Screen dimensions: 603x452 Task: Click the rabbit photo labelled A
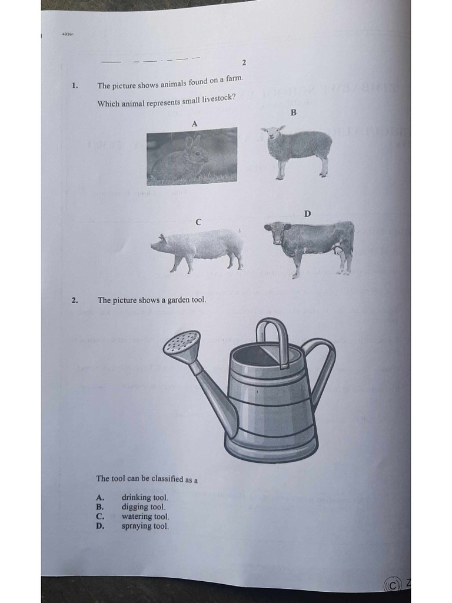coord(192,156)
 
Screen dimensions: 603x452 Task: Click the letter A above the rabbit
coord(194,123)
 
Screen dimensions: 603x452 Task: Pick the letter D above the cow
coord(307,214)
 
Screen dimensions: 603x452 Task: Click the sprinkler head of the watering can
coord(182,343)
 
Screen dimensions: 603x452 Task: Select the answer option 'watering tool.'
coord(145,516)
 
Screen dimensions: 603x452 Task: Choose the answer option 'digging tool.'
coord(144,507)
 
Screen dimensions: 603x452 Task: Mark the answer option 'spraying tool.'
coord(145,526)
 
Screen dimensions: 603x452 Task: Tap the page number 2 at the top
coord(244,62)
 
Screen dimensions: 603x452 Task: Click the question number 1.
coord(75,85)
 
